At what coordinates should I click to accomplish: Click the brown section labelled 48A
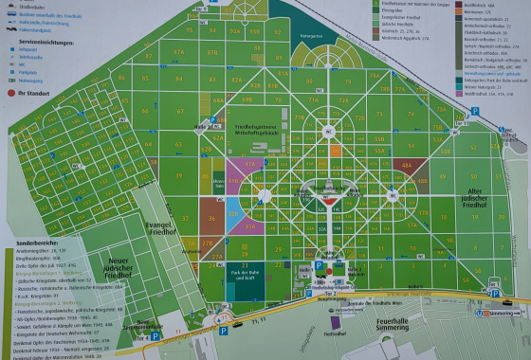tap(408, 166)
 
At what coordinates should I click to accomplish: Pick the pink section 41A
tap(249, 165)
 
